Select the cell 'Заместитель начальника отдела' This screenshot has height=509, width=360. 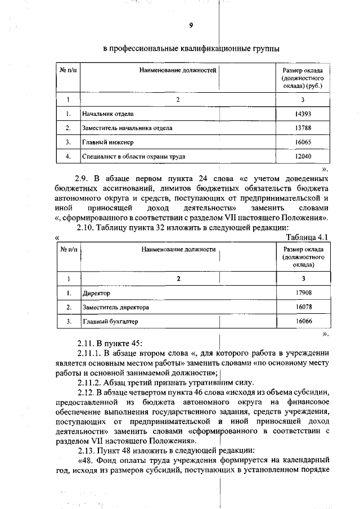point(127,128)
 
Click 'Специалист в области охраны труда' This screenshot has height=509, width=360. point(134,157)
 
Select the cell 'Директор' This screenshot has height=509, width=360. point(96,293)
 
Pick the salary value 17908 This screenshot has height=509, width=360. point(303,292)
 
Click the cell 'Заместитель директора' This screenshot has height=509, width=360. point(115,308)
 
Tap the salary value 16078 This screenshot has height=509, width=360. point(303,307)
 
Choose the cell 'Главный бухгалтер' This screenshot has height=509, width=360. point(110,322)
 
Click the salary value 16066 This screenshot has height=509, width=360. point(303,321)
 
